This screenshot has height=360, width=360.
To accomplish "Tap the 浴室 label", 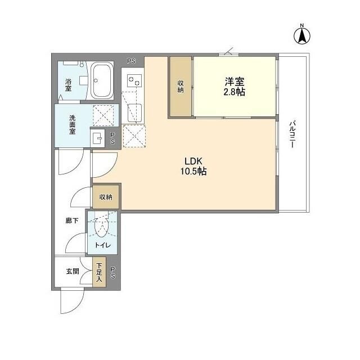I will point(68,84).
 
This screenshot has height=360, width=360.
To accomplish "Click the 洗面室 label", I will point(73,124).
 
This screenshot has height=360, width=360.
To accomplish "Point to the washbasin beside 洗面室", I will point(97,138).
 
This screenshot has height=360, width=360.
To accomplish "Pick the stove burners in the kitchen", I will point(134,81).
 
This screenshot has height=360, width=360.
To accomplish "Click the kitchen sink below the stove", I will point(134,112).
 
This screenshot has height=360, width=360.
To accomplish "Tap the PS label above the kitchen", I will point(131,60).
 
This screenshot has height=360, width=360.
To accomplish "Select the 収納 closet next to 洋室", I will point(181,87).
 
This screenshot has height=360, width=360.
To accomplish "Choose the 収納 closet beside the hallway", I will point(106,197).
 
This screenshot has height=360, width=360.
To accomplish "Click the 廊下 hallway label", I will point(71,221).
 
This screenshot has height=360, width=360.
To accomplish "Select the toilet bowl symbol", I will point(102,227).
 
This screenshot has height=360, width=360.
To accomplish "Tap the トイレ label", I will point(102,246).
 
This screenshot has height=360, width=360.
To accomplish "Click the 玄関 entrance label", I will point(72,271).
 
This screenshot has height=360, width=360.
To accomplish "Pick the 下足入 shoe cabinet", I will point(98,273).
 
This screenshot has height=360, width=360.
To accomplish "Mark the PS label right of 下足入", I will point(112,273).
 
